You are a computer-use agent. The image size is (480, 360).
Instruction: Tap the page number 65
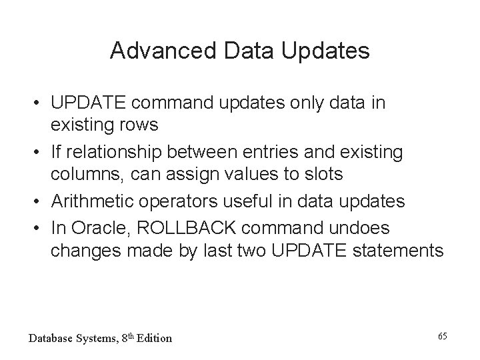click(442, 334)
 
